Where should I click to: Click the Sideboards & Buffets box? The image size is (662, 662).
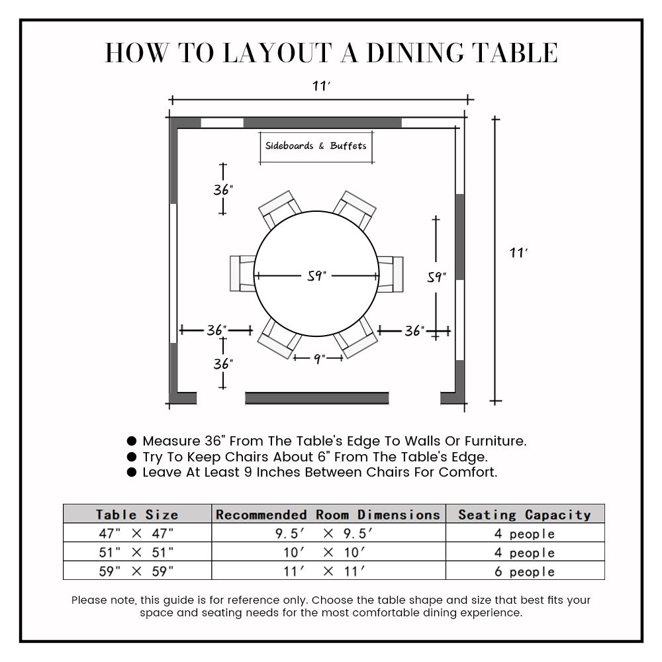click(x=315, y=146)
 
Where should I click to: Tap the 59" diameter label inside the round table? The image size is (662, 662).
click(x=317, y=276)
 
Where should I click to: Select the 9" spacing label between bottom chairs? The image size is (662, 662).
click(x=318, y=358)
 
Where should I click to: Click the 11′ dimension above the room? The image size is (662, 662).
click(x=322, y=86)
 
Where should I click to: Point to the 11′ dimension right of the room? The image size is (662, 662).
click(x=518, y=253)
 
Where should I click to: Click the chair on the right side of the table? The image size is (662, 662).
click(x=391, y=273)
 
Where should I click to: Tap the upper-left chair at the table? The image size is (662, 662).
click(x=279, y=209)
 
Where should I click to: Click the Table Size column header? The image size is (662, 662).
click(x=137, y=514)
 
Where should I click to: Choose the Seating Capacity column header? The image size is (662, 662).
click(x=524, y=514)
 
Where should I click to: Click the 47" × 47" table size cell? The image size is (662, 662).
click(x=137, y=534)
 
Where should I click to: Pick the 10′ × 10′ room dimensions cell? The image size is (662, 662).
click(x=328, y=552)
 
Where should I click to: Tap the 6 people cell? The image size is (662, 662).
click(x=524, y=571)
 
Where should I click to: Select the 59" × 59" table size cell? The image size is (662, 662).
click(x=137, y=571)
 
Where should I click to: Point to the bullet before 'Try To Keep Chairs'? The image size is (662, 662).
click(x=131, y=457)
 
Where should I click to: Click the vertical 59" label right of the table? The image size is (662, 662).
click(x=436, y=278)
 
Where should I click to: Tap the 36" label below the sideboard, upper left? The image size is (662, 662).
click(x=223, y=190)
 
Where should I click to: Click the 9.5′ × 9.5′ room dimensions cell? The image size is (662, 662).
click(x=328, y=534)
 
